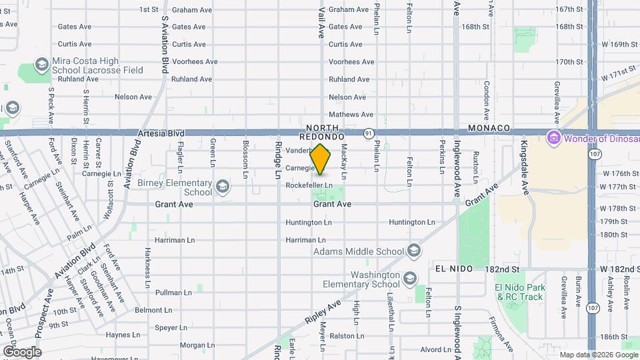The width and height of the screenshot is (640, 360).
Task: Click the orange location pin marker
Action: click(321, 159)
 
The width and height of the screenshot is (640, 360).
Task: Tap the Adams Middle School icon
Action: click(413, 251)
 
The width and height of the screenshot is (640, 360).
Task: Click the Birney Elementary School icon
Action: click(223, 187)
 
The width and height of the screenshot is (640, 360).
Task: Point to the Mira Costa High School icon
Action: click(42, 65)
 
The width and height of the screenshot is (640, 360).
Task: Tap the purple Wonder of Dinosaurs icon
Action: click(553, 139)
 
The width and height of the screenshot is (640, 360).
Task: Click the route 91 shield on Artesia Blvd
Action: click(367, 133)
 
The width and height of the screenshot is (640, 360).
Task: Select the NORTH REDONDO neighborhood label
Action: click(325, 131)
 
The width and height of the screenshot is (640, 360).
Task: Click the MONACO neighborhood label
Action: click(489, 128)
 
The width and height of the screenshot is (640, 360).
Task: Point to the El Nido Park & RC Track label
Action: click(520, 292)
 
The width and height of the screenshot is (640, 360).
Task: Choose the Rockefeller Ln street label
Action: click(309, 185)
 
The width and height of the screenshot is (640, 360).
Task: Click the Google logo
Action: click(22, 351)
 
